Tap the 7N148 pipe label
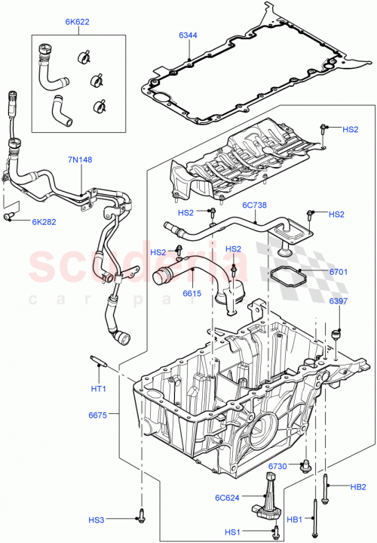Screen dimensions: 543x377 tap(80, 160)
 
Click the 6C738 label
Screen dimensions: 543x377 tap(255, 205)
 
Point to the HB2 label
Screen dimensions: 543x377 tap(358, 486)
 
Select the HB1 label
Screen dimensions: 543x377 tap(295, 520)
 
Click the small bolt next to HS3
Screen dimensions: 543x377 tap(140, 517)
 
